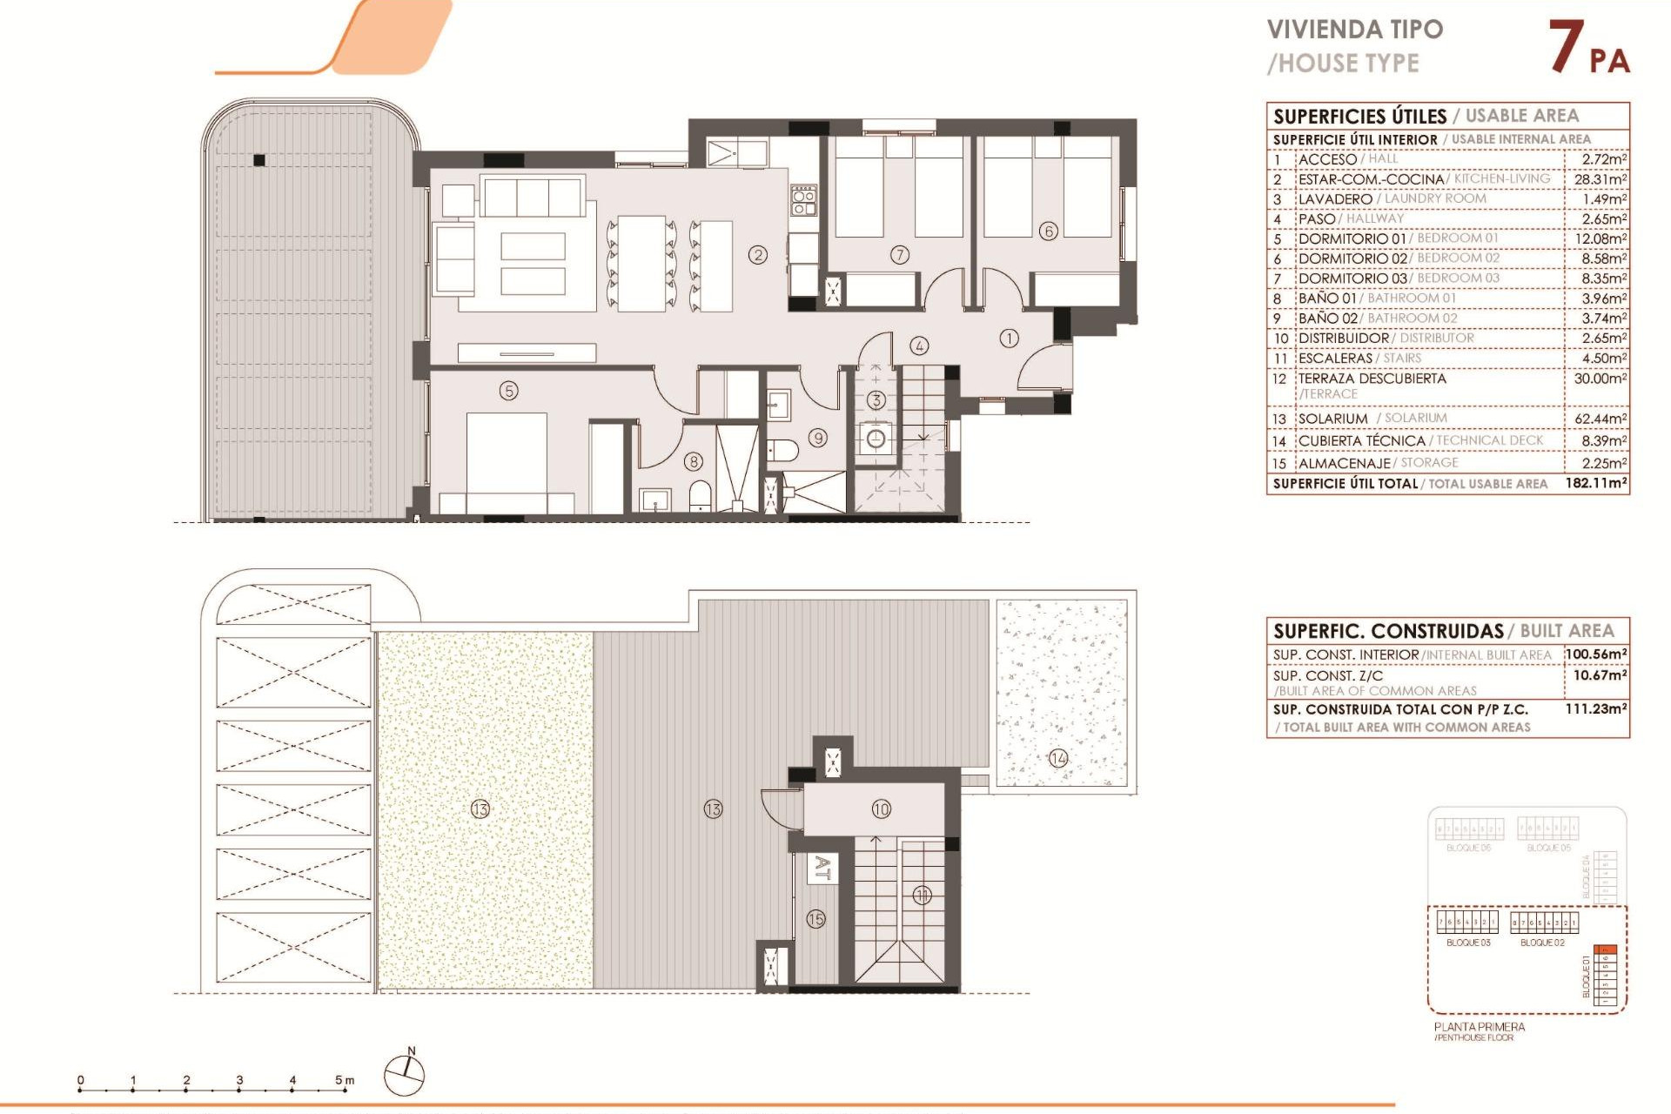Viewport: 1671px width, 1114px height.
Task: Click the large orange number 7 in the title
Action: tap(1566, 47)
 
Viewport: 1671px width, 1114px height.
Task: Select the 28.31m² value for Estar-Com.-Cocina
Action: tap(1600, 179)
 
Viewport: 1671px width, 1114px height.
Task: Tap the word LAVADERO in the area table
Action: tap(1335, 199)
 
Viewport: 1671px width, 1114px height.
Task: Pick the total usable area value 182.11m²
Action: tap(1595, 482)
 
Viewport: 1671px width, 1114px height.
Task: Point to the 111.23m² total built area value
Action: tap(1595, 709)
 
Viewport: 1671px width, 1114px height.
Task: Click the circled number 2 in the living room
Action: tap(758, 255)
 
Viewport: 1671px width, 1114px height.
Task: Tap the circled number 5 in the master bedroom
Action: tap(509, 391)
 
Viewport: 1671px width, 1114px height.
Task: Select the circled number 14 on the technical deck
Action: tap(1058, 758)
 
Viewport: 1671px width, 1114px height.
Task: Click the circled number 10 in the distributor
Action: tap(881, 809)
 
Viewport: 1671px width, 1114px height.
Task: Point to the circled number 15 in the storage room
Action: tap(815, 919)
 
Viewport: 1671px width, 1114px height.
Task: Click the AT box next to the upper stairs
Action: tap(822, 869)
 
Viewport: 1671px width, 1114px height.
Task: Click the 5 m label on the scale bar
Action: tap(345, 1080)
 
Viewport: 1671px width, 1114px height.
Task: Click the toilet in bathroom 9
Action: tap(784, 450)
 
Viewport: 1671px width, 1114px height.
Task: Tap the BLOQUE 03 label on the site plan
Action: tap(1468, 943)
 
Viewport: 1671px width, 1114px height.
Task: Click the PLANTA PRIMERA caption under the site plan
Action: tap(1479, 1027)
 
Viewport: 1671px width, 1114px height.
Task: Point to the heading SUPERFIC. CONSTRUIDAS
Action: tap(1388, 631)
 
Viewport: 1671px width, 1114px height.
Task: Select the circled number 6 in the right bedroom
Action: tap(1049, 231)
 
